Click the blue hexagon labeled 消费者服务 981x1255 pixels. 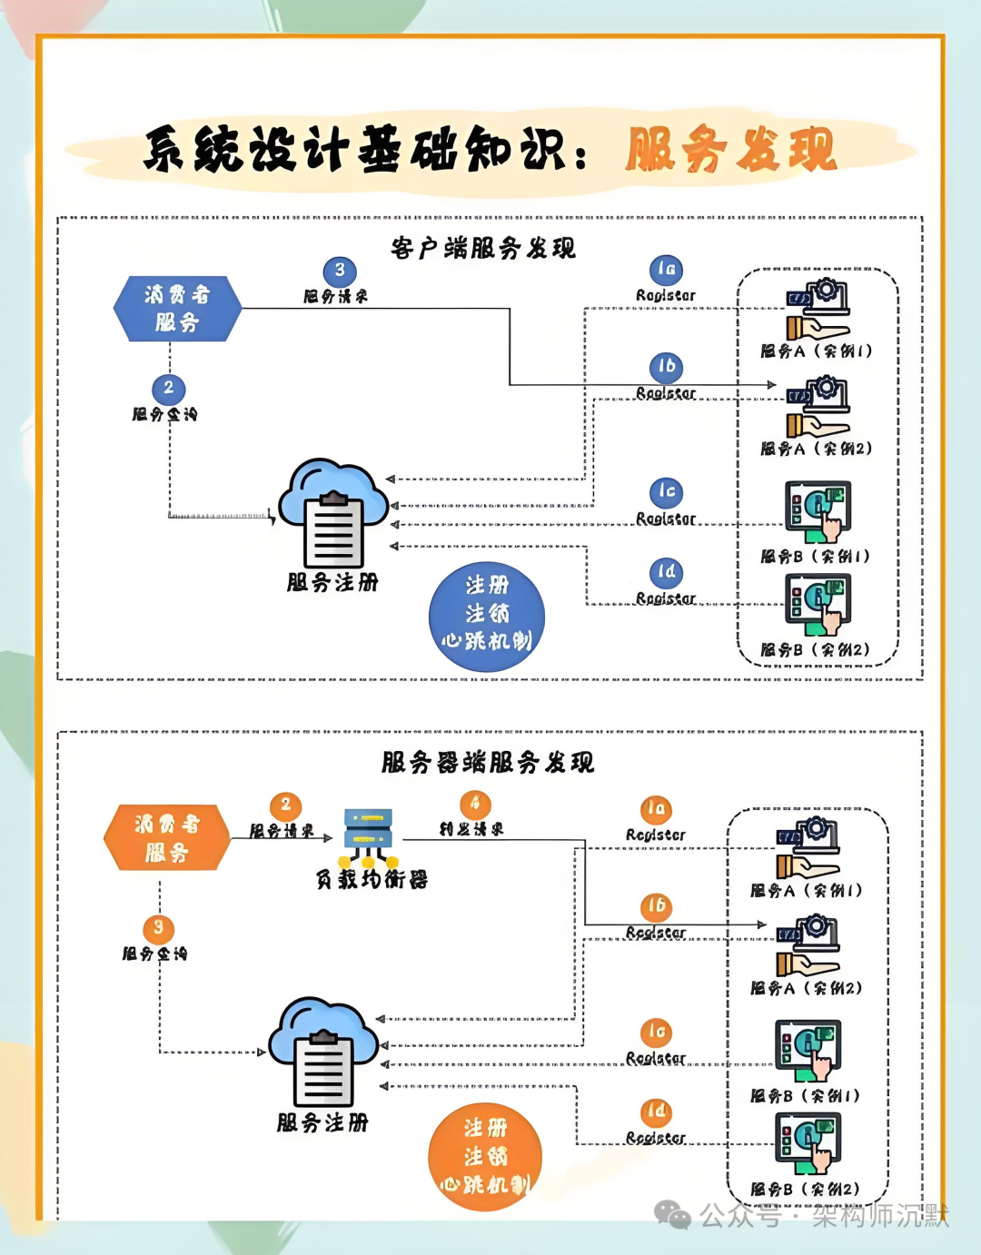[x=177, y=309]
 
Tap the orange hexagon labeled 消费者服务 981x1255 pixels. [x=167, y=837]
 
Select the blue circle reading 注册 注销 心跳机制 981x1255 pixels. [x=487, y=616]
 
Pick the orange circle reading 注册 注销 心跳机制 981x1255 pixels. [x=485, y=1157]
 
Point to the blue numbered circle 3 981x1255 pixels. [x=340, y=271]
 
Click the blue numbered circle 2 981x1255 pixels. [x=168, y=389]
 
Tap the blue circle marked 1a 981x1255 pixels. [x=666, y=270]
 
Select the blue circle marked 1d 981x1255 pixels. [x=666, y=573]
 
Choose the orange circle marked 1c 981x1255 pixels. [x=656, y=1033]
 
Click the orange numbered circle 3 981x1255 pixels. [x=158, y=928]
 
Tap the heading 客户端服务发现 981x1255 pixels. [x=483, y=248]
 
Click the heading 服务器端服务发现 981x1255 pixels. [x=488, y=762]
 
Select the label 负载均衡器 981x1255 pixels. [x=372, y=879]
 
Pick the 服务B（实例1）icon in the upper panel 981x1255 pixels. [x=818, y=511]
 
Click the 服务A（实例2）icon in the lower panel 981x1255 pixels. [x=808, y=946]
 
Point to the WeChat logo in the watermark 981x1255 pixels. [x=673, y=1215]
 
